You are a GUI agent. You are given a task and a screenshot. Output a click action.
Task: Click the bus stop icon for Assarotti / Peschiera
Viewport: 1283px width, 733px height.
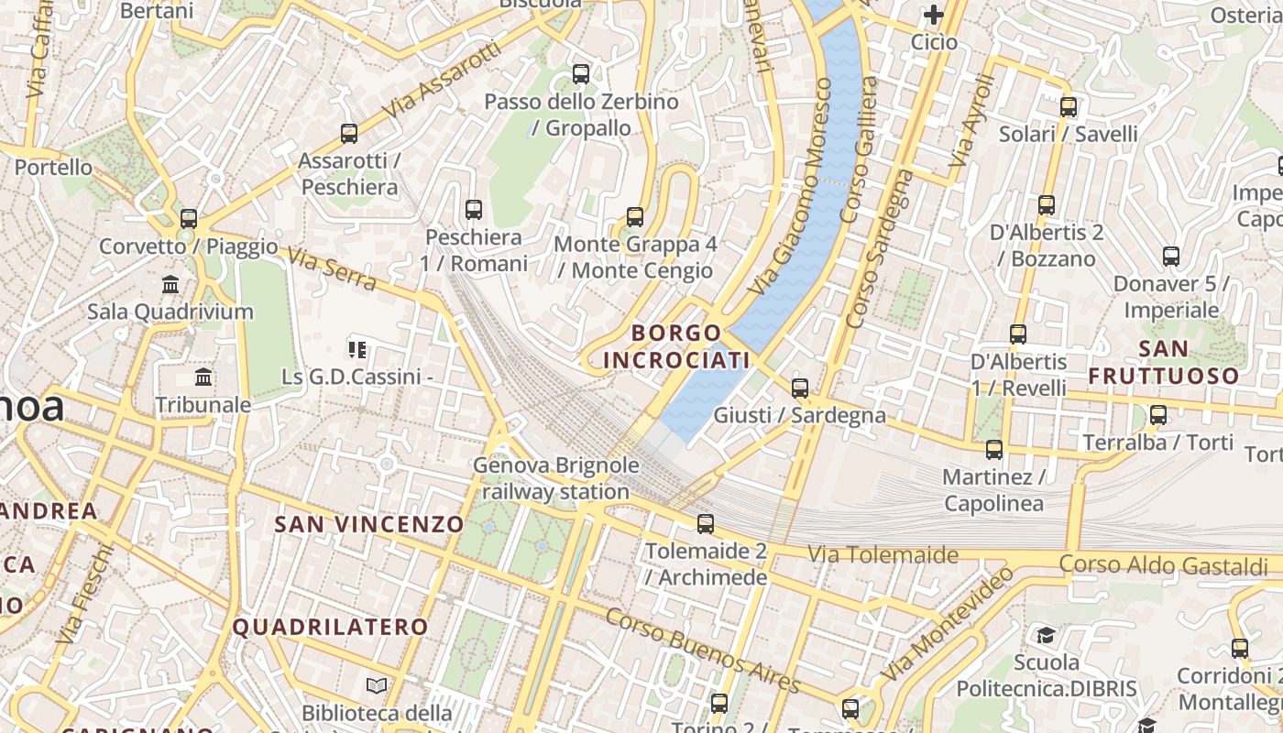348,134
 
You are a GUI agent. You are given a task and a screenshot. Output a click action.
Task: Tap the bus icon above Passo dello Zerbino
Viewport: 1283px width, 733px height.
580,74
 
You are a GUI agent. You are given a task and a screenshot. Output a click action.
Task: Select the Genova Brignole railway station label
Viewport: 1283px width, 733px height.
555,478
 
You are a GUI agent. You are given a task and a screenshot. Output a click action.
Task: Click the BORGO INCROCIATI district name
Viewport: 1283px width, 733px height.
676,346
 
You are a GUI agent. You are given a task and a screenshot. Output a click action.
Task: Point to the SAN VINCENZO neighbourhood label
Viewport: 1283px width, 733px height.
369,524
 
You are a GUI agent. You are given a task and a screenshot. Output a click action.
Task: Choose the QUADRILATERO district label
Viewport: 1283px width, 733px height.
330,627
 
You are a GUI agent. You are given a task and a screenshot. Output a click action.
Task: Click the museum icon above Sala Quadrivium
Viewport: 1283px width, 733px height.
170,285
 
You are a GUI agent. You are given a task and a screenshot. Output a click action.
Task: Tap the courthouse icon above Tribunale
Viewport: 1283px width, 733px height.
203,377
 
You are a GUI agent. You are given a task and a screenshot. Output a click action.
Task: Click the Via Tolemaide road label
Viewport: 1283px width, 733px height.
883,554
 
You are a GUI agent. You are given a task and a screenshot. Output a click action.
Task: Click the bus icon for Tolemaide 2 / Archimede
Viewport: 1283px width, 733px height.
705,524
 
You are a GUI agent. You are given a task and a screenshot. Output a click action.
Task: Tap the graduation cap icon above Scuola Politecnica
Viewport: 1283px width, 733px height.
1046,635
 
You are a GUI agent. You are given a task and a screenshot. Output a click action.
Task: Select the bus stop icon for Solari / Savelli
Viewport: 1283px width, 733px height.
1068,107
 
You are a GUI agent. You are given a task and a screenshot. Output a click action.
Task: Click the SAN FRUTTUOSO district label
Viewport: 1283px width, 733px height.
1164,363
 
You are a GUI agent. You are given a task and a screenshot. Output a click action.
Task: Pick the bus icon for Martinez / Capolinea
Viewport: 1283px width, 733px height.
994,450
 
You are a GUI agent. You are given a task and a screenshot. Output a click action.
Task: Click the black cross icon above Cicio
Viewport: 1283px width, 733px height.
934,15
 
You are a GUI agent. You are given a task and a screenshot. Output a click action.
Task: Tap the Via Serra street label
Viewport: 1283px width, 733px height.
332,269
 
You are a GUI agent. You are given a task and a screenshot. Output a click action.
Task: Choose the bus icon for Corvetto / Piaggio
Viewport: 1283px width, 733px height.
189,219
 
